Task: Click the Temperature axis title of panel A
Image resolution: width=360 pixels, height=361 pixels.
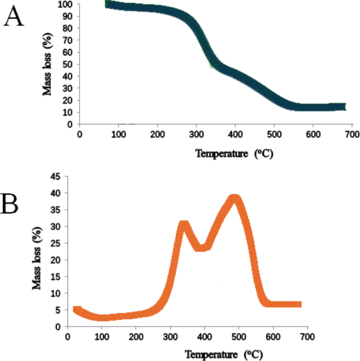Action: tap(234, 154)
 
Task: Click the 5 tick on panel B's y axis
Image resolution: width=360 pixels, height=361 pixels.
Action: tap(58, 310)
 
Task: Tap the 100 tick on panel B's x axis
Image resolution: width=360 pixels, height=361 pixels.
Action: tap(102, 336)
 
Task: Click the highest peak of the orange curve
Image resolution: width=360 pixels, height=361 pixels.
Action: tap(235, 199)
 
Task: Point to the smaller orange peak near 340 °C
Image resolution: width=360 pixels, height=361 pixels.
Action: tap(183, 225)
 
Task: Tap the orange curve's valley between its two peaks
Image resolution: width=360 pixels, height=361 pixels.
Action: tap(202, 247)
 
